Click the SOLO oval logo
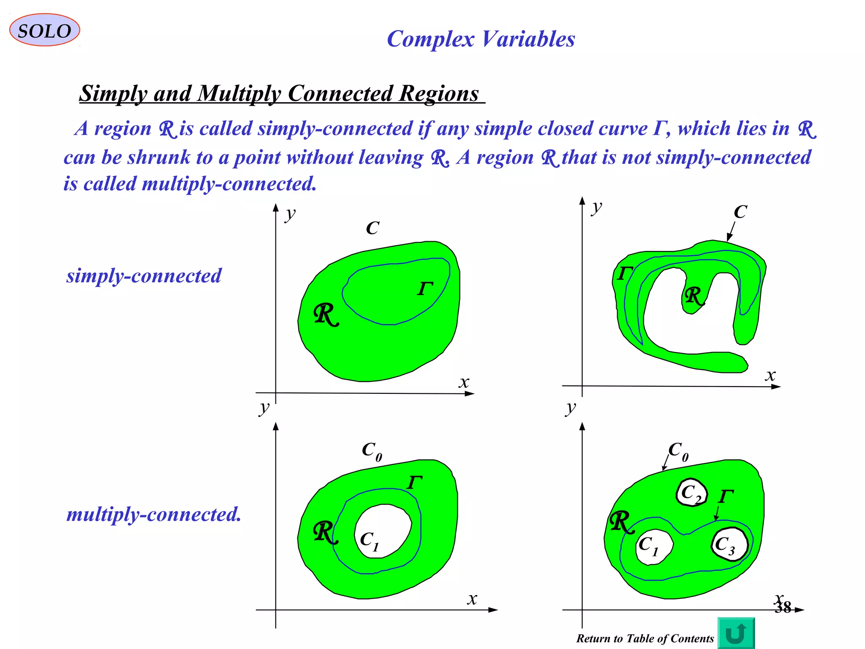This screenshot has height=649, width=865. pos(44,30)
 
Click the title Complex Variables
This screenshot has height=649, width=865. pos(481,39)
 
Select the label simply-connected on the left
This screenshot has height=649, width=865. pos(144,276)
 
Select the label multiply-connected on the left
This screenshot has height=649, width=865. pos(154,514)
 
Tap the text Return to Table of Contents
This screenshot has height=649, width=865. pos(645,638)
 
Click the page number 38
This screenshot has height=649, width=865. pos(783,608)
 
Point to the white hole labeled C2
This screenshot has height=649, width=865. pos(692,493)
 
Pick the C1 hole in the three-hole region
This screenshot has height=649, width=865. pos(653,547)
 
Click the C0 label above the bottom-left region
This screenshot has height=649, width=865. pos(372,451)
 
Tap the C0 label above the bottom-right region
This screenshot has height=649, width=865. pos(678,451)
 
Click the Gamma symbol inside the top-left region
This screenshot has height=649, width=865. pos(425,289)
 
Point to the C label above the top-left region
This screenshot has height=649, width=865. pos(373,228)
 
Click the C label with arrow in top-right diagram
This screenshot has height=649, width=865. pos(740,212)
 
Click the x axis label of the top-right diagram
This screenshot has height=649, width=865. pos(770,375)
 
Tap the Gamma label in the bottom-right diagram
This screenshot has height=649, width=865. pos(726,496)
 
